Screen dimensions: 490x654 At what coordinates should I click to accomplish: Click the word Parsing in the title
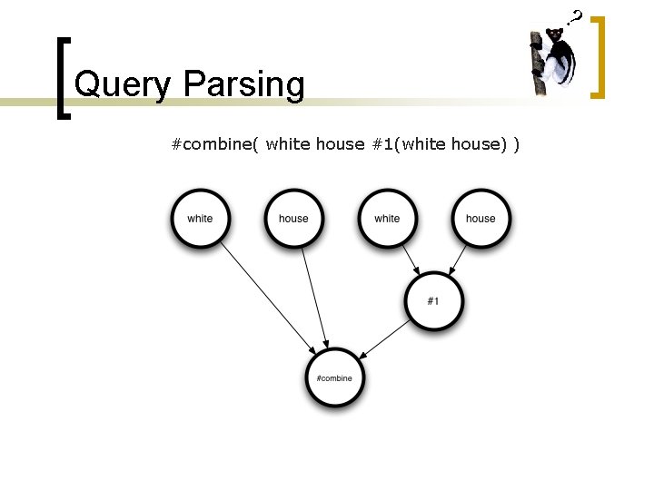point(243,86)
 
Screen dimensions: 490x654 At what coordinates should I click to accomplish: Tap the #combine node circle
point(335,377)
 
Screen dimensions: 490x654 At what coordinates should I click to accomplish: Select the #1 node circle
point(433,300)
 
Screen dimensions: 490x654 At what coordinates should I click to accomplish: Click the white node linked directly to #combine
point(200,219)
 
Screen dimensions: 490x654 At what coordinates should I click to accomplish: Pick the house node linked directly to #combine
point(293,219)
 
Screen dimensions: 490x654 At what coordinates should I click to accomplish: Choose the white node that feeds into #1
point(387,219)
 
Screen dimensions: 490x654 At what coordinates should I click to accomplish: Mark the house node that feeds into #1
point(481,219)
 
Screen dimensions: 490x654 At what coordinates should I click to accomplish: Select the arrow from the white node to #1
point(411,260)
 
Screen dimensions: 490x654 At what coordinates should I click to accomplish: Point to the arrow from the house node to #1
point(457,260)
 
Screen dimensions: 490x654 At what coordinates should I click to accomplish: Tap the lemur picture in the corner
point(554,61)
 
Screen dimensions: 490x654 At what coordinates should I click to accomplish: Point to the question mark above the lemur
point(575,16)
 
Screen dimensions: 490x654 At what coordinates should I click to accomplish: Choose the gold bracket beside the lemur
point(599,56)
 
